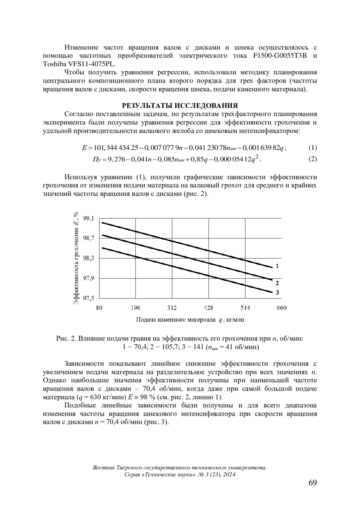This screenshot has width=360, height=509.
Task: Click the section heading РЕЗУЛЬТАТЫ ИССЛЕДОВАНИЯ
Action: tap(180, 106)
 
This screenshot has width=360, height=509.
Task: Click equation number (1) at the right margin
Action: tap(313, 148)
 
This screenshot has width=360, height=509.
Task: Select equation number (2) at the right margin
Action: tap(313, 159)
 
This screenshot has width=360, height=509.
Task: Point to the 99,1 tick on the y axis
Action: tap(88, 218)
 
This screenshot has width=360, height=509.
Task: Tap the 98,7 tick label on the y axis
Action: tap(88, 238)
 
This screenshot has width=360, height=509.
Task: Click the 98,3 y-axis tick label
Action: tap(88, 258)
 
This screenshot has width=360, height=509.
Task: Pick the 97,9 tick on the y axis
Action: tap(88, 278)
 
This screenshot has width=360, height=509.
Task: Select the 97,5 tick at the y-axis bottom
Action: tap(88, 298)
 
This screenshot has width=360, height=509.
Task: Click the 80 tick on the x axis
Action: tap(99, 308)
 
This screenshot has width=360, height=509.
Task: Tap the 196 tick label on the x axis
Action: tap(136, 308)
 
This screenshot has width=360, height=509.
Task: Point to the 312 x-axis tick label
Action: tap(172, 308)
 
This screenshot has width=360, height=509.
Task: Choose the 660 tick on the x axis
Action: tap(281, 308)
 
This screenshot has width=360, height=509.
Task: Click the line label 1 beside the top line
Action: tap(277, 266)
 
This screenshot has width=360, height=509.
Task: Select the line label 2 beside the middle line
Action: tap(277, 283)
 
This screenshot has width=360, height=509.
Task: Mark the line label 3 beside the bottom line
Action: tap(277, 292)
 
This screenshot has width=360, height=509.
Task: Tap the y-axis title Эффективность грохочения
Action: tap(76, 258)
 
